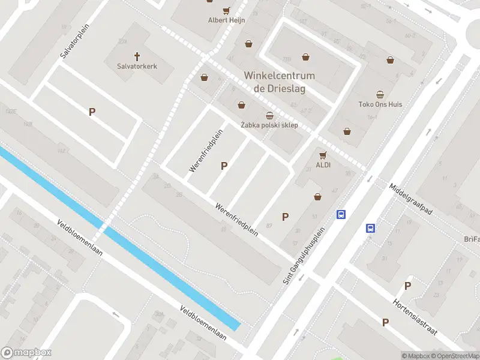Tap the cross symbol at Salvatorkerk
[137, 56]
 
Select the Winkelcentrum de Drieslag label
[279, 82]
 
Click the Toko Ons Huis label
[380, 104]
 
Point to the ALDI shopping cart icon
[323, 154]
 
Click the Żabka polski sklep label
[269, 125]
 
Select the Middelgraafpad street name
[410, 199]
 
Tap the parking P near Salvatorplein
[92, 112]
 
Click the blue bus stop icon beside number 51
[341, 214]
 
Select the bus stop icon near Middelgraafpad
[371, 228]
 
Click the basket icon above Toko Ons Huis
[380, 94]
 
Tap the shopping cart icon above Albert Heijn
[226, 10]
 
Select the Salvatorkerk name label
[137, 67]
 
